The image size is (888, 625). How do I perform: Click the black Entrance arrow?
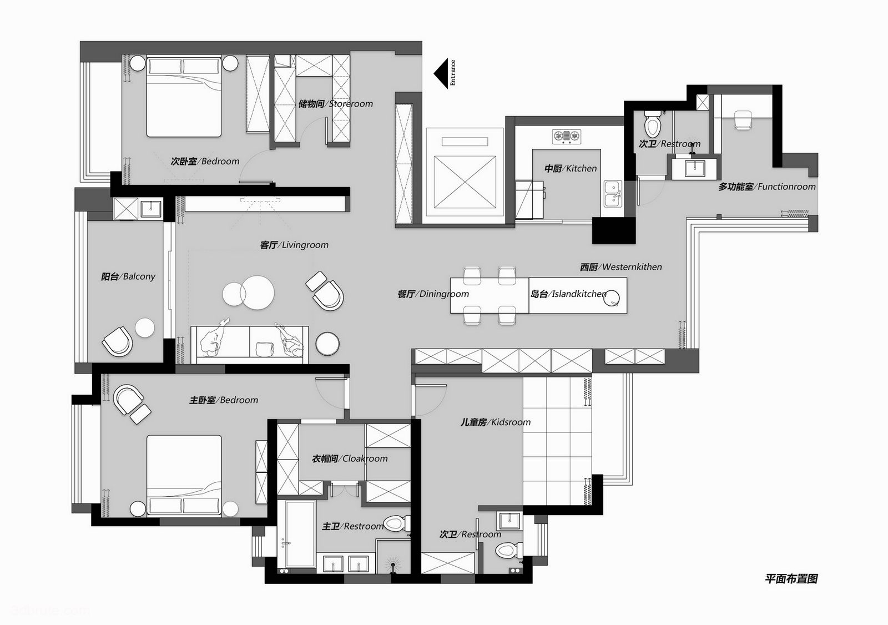[441, 73]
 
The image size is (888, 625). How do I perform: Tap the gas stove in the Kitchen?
[567, 137]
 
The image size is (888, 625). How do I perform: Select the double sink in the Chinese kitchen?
[613, 194]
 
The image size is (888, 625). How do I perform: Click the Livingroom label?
[294, 245]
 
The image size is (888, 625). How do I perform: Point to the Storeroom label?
[335, 104]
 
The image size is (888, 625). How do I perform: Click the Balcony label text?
[128, 276]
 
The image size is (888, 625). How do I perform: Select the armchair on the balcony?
[117, 341]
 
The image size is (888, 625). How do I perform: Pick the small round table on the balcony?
[145, 328]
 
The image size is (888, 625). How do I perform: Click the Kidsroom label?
[496, 422]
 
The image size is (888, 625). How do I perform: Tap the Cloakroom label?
[350, 459]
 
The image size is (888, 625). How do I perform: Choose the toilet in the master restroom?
[397, 523]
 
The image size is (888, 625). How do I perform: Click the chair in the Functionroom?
[743, 120]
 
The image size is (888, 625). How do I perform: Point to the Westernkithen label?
[621, 268]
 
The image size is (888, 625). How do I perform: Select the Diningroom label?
[433, 294]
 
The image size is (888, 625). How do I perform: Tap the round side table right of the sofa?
[327, 344]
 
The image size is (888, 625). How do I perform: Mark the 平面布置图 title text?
[791, 579]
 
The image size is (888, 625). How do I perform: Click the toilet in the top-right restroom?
[653, 123]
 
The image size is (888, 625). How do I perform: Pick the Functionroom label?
[767, 187]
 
